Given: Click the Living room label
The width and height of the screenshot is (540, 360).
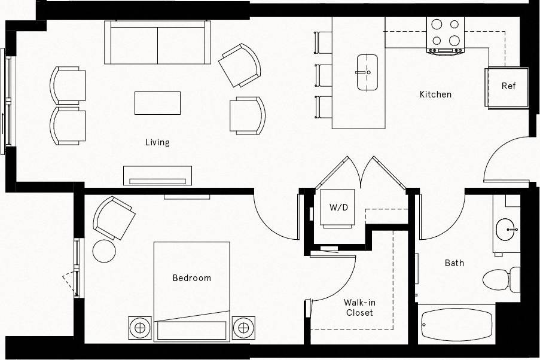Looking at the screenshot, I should click(x=157, y=142).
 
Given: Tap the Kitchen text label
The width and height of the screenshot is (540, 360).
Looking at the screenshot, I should click(x=435, y=94).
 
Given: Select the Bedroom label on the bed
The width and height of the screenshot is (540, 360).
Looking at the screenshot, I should click(x=191, y=278).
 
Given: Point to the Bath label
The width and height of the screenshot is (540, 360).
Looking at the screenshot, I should click(x=454, y=263).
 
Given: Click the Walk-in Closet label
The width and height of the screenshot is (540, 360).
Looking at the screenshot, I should click(x=359, y=308).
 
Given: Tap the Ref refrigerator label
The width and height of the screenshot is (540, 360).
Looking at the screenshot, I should click(x=508, y=86).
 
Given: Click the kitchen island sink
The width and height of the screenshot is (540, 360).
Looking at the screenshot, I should click(x=367, y=72).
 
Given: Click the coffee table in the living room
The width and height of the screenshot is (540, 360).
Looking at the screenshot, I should click(x=157, y=103).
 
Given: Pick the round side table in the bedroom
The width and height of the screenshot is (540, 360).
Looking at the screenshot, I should click(x=104, y=250).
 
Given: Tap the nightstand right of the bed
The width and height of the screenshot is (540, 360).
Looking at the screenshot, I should click(x=243, y=327).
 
